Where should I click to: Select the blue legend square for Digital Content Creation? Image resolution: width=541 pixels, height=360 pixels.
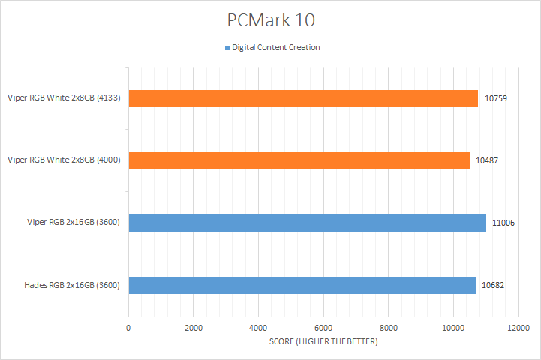pyautogui.click(x=227, y=48)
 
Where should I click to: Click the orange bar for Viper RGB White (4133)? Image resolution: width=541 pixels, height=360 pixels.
pyautogui.click(x=303, y=98)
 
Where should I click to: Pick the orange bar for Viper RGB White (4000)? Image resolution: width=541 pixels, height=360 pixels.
pyautogui.click(x=299, y=160)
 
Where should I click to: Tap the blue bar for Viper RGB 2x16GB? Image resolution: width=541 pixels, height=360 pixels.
pyautogui.click(x=307, y=223)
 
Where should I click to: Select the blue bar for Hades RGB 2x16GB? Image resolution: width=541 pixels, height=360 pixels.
pyautogui.click(x=302, y=285)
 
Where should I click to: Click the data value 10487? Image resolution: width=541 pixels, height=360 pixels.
pyautogui.click(x=488, y=160)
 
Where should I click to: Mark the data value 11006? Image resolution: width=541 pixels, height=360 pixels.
pyautogui.click(x=504, y=223)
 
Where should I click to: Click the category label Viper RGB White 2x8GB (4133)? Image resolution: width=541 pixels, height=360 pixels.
pyautogui.click(x=65, y=97)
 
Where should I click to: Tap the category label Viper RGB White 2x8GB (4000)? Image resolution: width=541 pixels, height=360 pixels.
pyautogui.click(x=65, y=160)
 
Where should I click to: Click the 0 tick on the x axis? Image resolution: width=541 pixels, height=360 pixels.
pyautogui.click(x=128, y=328)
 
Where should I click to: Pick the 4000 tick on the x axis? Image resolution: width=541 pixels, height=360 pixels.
pyautogui.click(x=258, y=328)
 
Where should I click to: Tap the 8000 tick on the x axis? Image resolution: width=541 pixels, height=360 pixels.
pyautogui.click(x=389, y=328)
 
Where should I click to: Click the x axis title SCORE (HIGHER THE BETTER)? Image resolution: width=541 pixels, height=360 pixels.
pyautogui.click(x=323, y=342)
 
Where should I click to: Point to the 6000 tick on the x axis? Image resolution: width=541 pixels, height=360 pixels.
pyautogui.click(x=323, y=328)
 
